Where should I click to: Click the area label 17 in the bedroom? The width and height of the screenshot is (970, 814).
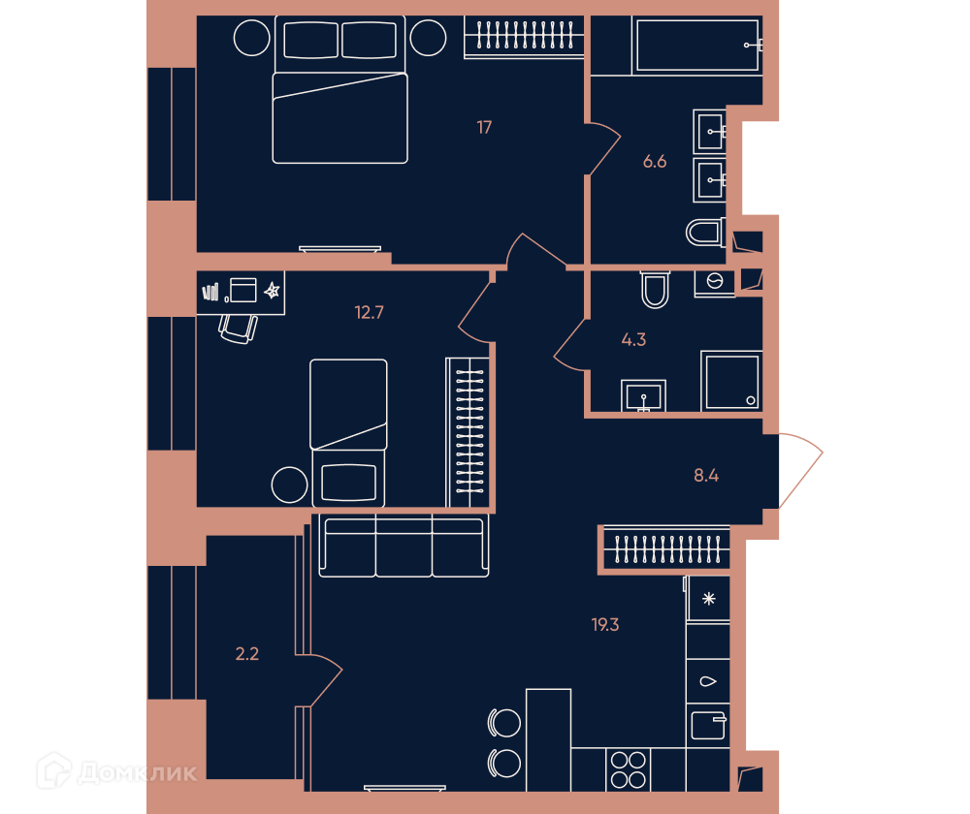tap(484, 127)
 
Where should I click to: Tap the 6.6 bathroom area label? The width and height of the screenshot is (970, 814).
tap(655, 161)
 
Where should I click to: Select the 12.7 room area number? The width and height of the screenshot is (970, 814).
tap(369, 312)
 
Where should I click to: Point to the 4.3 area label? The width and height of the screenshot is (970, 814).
tap(633, 339)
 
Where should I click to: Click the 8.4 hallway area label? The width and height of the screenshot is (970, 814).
tap(706, 475)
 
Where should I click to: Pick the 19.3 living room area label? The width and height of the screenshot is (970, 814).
tap(605, 625)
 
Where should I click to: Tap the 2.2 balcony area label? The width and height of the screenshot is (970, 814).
tap(246, 654)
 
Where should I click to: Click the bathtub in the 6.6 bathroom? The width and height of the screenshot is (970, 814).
tap(697, 46)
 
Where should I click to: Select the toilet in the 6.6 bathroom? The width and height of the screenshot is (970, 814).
tap(706, 233)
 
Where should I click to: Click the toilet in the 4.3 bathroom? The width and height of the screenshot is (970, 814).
tap(655, 289)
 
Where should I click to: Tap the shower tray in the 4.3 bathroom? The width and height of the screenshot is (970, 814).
tap(731, 381)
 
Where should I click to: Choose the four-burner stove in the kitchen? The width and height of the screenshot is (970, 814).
tap(628, 769)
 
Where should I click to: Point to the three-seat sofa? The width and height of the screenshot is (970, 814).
tap(404, 546)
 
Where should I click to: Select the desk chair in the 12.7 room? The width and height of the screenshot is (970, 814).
tap(239, 329)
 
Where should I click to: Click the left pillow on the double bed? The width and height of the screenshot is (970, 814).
tap(311, 40)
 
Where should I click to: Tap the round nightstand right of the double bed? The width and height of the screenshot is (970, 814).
tap(428, 38)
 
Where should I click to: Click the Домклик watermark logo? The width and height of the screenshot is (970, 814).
tap(117, 770)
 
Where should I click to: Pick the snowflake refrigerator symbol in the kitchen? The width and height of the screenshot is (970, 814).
tap(709, 598)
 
